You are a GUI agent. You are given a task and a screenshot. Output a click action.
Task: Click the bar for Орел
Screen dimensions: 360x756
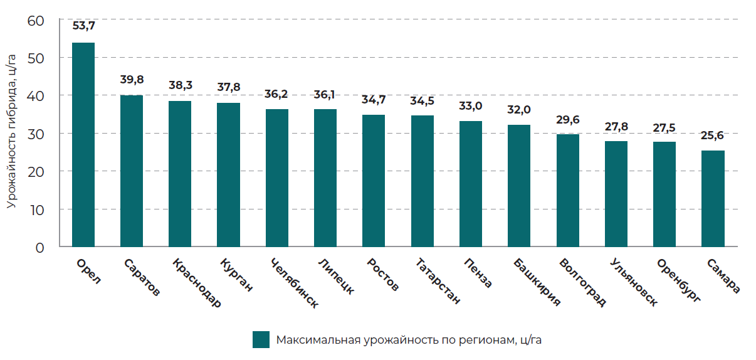(83, 145)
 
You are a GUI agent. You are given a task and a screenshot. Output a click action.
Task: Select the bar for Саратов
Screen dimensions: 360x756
(132, 171)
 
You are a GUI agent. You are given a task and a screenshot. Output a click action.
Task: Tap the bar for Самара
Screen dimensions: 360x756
(713, 199)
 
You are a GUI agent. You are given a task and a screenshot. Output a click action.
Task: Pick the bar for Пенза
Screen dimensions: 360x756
(471, 184)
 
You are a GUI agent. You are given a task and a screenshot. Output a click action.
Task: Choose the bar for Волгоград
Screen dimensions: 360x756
(568, 191)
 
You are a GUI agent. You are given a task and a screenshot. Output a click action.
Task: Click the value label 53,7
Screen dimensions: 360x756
(83, 27)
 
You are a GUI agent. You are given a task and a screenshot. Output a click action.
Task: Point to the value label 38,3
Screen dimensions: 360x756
(180, 85)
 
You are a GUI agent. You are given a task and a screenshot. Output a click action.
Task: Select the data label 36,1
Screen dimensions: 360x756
(325, 94)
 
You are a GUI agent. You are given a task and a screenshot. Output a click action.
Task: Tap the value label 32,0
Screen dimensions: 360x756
(519, 109)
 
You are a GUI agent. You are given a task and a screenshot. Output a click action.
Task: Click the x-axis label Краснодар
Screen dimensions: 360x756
(196, 283)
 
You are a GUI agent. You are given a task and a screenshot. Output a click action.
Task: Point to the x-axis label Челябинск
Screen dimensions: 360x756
(293, 283)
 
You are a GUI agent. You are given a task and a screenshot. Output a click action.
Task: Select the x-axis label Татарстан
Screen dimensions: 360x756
(438, 282)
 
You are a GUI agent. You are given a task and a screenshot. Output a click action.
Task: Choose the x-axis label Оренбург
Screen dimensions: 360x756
(679, 280)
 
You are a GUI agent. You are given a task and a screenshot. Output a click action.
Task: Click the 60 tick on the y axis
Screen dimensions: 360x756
(36, 21)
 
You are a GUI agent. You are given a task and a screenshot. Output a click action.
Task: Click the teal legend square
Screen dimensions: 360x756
(261, 339)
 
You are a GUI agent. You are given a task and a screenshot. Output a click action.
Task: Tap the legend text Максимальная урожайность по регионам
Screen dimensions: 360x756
(408, 340)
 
